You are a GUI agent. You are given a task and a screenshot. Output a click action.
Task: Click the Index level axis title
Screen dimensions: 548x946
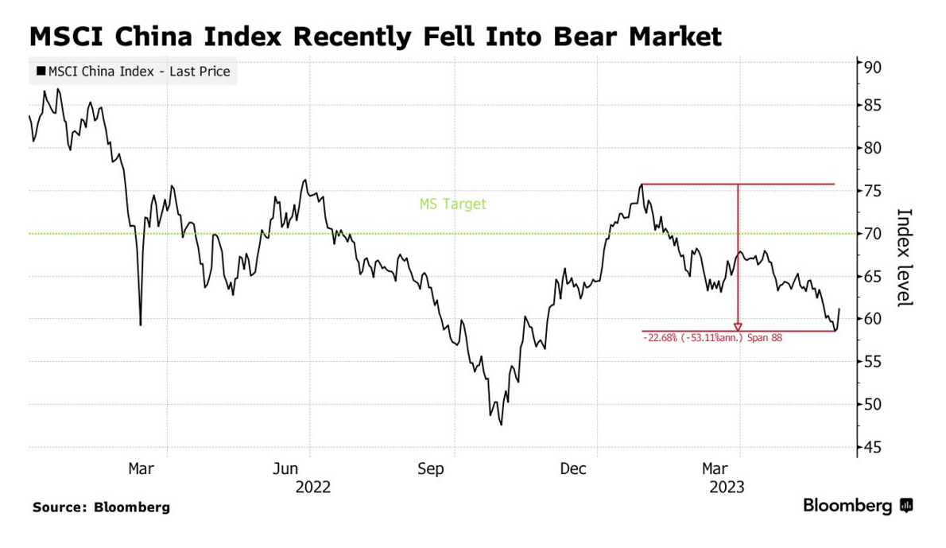pyautogui.click(x=904, y=257)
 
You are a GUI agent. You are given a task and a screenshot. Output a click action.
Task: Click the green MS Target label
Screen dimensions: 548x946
pyautogui.click(x=452, y=204)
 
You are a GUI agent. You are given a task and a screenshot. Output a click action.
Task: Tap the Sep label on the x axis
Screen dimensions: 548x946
pyautogui.click(x=430, y=469)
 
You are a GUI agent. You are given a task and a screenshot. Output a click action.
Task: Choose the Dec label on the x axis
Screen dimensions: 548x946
pyautogui.click(x=572, y=469)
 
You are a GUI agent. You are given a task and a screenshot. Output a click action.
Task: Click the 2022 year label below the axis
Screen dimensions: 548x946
pyautogui.click(x=313, y=487)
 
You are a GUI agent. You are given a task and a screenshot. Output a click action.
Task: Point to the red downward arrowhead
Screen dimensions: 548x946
pyautogui.click(x=739, y=326)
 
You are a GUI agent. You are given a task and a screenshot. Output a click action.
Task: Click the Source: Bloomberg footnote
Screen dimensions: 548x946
pyautogui.click(x=101, y=507)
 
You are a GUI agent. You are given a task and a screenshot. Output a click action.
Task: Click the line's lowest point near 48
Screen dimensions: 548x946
pyautogui.click(x=502, y=425)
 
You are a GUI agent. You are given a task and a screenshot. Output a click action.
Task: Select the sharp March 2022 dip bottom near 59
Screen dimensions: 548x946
pyautogui.click(x=141, y=325)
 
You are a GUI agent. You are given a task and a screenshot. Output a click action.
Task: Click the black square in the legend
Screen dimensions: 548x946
pyautogui.click(x=40, y=72)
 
